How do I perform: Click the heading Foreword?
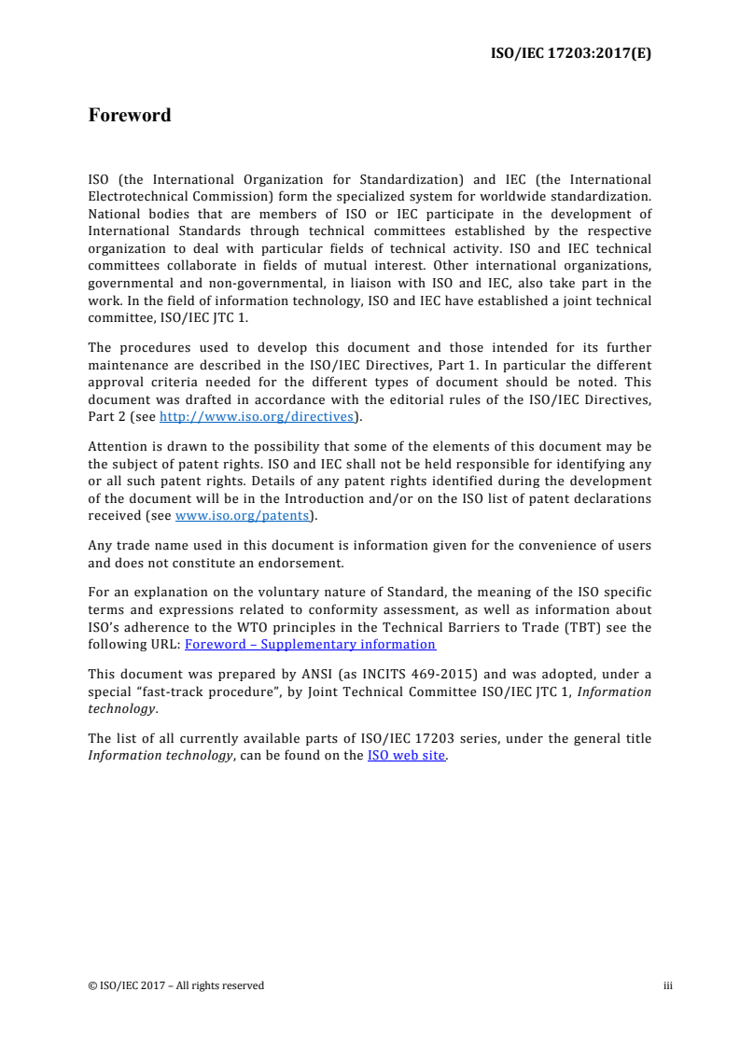click(x=130, y=116)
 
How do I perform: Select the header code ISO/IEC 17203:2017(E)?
click(x=571, y=53)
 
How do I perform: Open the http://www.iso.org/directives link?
click(x=258, y=417)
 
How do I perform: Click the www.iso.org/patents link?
click(x=242, y=514)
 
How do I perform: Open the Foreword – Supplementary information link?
click(x=310, y=644)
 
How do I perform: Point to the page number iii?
click(x=668, y=985)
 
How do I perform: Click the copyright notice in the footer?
click(x=176, y=985)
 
